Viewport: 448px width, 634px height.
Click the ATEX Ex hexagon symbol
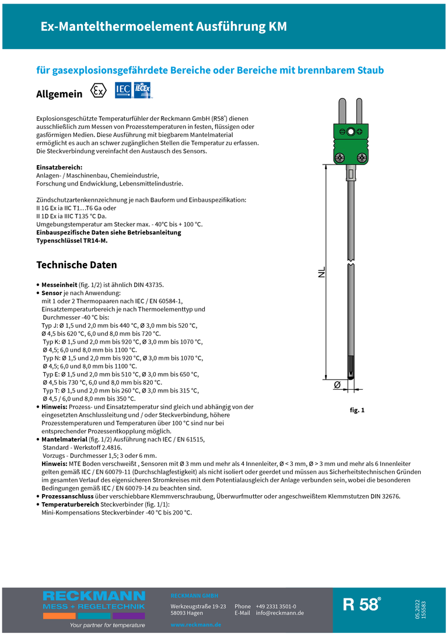(99, 92)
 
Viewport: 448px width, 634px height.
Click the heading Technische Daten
(76, 265)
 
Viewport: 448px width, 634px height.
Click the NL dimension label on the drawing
(321, 272)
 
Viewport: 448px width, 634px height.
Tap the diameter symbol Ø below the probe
(337, 386)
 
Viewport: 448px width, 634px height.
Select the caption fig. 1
(357, 410)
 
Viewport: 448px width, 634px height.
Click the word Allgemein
(60, 94)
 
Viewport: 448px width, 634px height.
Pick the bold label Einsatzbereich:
(60, 167)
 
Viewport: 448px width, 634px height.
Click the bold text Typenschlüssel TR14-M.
(72, 240)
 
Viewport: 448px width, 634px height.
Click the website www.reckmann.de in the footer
(196, 624)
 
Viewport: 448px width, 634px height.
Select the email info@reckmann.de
(279, 613)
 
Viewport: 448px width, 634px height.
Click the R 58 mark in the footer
(362, 604)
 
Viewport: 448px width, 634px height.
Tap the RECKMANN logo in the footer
(94, 601)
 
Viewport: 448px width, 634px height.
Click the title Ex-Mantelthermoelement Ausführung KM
(163, 27)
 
